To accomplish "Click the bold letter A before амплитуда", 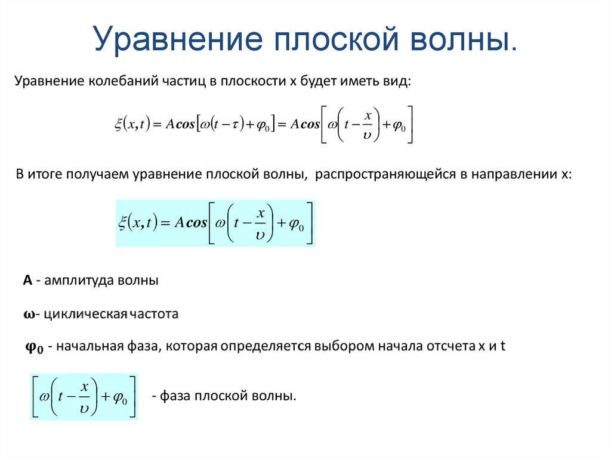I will pos(27,281).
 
